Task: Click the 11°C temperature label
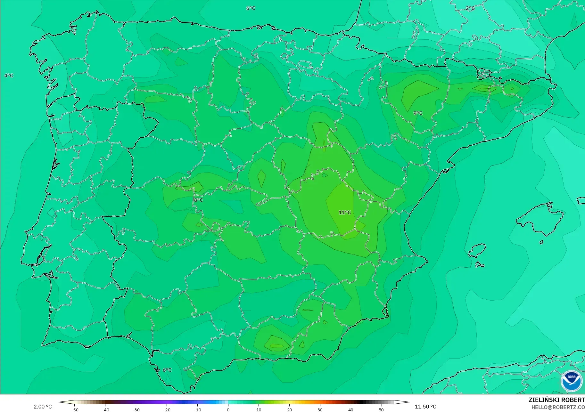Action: click(345, 212)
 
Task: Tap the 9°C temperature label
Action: click(418, 113)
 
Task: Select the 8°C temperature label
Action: click(198, 200)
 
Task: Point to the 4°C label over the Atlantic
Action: click(9, 76)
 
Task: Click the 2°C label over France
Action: click(470, 8)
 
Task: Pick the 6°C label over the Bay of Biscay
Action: click(251, 8)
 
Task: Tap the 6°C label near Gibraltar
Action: click(167, 370)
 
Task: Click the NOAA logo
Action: click(571, 381)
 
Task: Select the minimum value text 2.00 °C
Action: click(43, 407)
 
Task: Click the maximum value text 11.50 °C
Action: click(425, 407)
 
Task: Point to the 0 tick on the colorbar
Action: click(228, 409)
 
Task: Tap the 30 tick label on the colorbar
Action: click(320, 409)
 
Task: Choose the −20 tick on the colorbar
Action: click(166, 409)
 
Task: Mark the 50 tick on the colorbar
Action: click(381, 409)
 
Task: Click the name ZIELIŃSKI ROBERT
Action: click(556, 400)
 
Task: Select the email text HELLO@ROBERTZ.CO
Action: click(558, 407)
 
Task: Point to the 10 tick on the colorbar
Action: click(259, 409)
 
